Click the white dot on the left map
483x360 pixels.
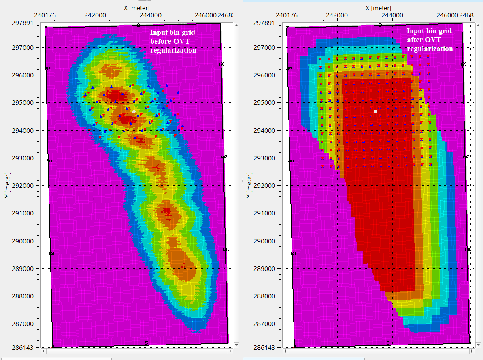tap(134, 111)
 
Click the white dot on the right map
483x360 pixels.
tap(376, 111)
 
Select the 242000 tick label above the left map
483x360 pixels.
tap(95, 15)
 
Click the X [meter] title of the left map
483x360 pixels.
tap(136, 8)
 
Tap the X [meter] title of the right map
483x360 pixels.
tap(379, 8)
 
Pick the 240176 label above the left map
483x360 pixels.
tap(45, 15)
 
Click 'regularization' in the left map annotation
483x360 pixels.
tap(173, 50)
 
